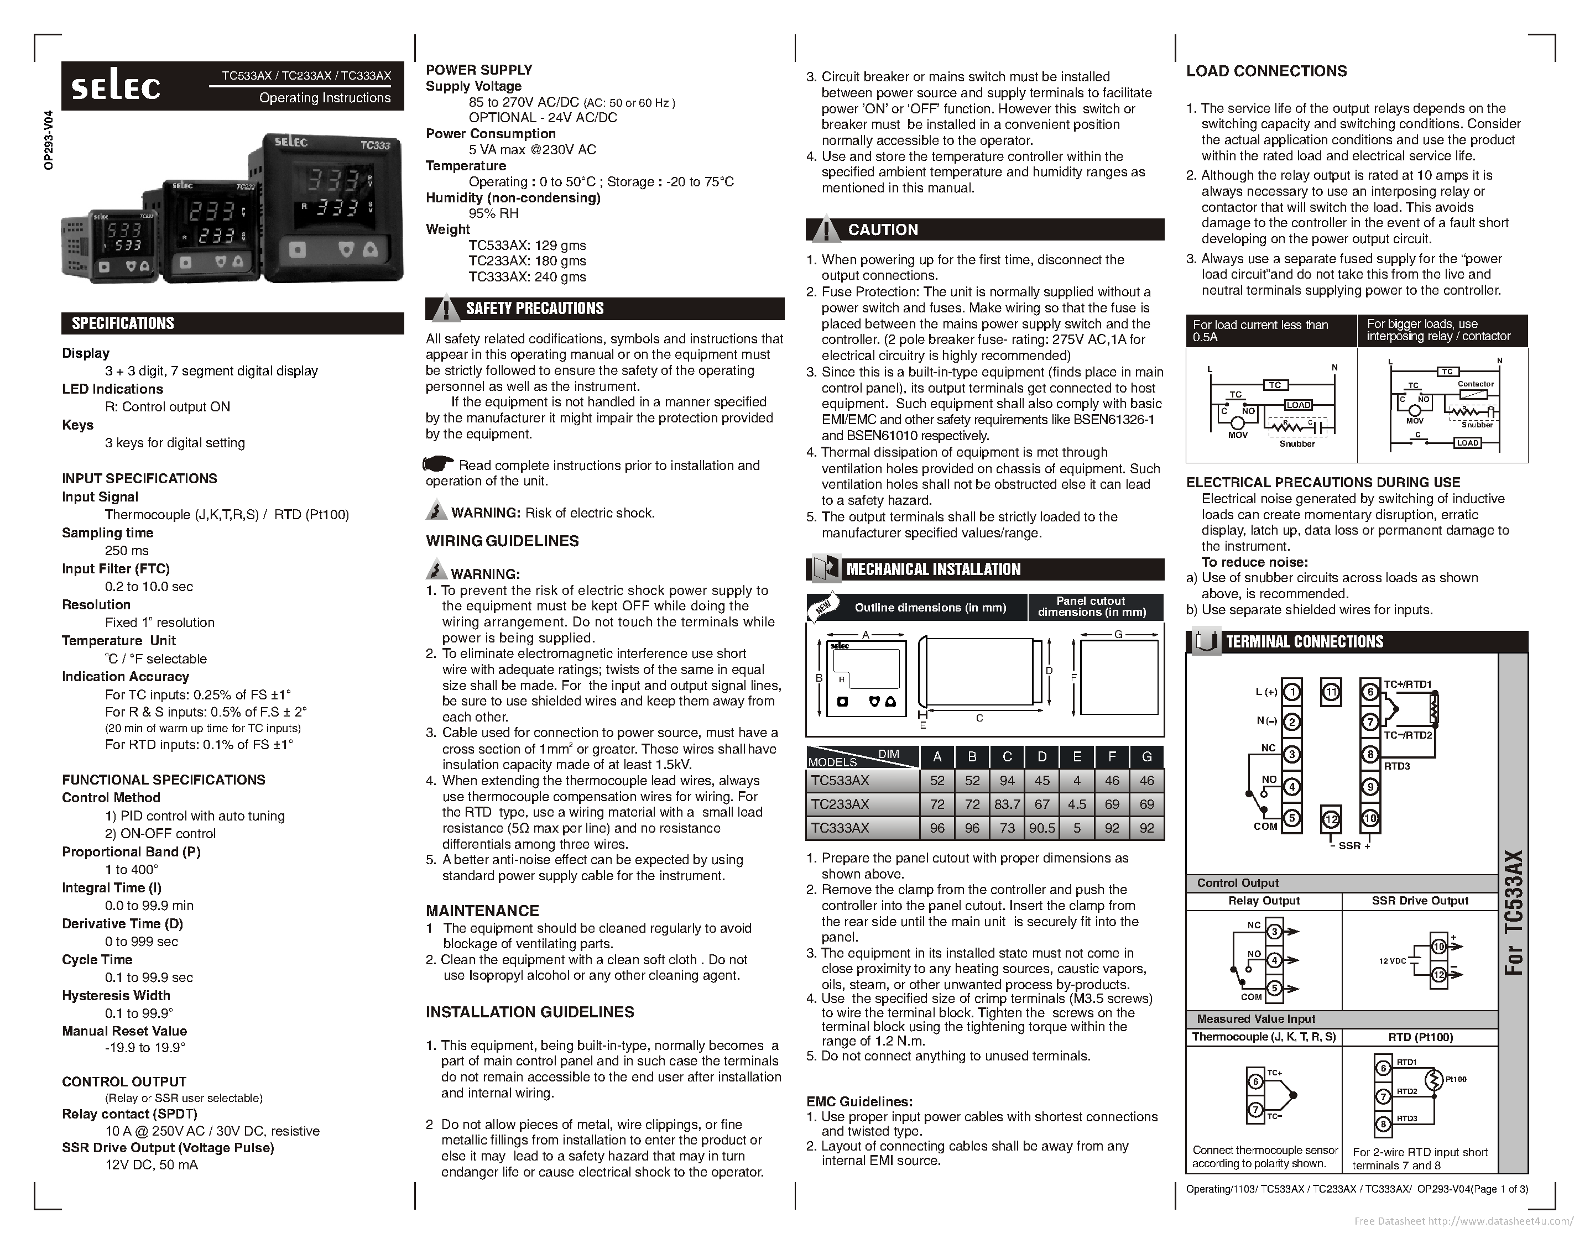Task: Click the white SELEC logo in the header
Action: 116,87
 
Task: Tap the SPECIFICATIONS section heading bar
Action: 232,323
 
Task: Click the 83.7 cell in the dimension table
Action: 1007,804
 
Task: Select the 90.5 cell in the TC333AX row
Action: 1041,828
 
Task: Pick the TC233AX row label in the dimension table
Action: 841,804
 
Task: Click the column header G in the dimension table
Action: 1146,757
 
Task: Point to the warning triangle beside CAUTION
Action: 825,229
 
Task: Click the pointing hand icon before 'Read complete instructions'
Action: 439,464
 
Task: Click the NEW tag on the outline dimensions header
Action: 823,608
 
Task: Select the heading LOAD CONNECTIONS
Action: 1266,71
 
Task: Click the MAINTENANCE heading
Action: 482,911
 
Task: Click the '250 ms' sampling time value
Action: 127,551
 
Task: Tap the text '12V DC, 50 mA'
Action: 152,1164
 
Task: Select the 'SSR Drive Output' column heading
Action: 1420,901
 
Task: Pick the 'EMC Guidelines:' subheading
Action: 859,1102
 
